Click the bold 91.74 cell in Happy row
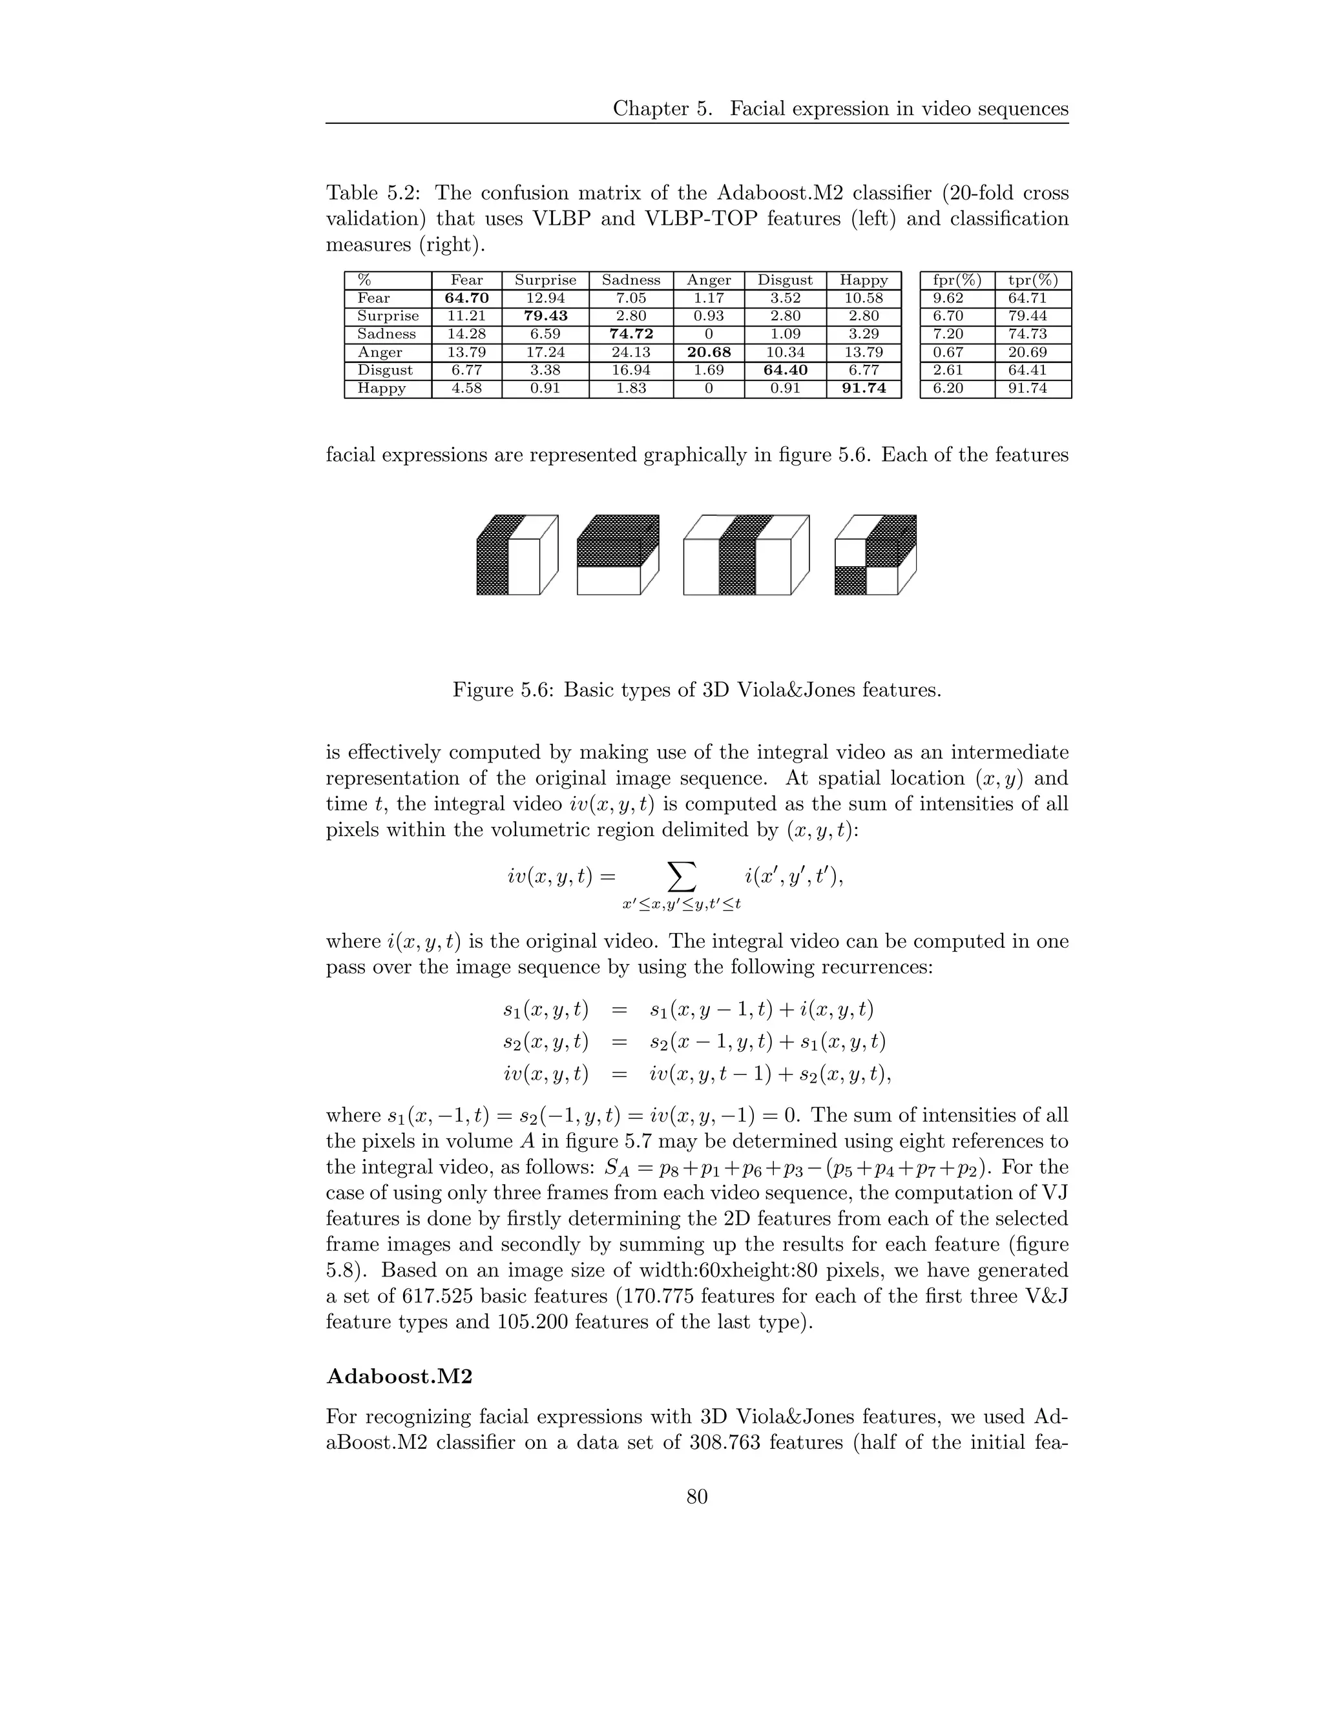pyautogui.click(x=863, y=389)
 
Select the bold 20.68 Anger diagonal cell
pyautogui.click(x=708, y=353)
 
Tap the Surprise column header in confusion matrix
pyautogui.click(x=545, y=280)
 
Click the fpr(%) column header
pyautogui.click(x=957, y=280)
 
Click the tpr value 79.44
pyautogui.click(x=1028, y=316)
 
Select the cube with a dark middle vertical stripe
pyautogui.click(x=745, y=555)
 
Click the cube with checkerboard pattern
pyautogui.click(x=875, y=555)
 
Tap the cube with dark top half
pyautogui.click(x=618, y=555)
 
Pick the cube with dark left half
pyautogui.click(x=517, y=555)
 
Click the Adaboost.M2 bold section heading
pyautogui.click(x=399, y=1377)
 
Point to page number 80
pyautogui.click(x=697, y=1497)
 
